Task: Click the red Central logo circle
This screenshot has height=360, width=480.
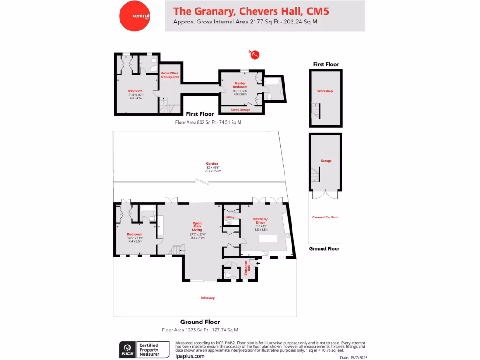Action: [135, 16]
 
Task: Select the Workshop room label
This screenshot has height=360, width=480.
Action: [325, 91]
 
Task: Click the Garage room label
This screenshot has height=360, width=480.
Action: [326, 161]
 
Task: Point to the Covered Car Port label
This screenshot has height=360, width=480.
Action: [325, 217]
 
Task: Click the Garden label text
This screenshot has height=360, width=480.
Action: [212, 164]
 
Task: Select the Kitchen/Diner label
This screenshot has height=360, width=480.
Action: [260, 222]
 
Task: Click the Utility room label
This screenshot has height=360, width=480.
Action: [229, 217]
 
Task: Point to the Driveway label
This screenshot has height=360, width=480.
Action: [208, 298]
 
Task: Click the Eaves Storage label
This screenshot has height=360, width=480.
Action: [241, 110]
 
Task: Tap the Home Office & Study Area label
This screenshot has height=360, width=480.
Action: [170, 75]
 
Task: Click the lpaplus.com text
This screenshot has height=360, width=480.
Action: [189, 356]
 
